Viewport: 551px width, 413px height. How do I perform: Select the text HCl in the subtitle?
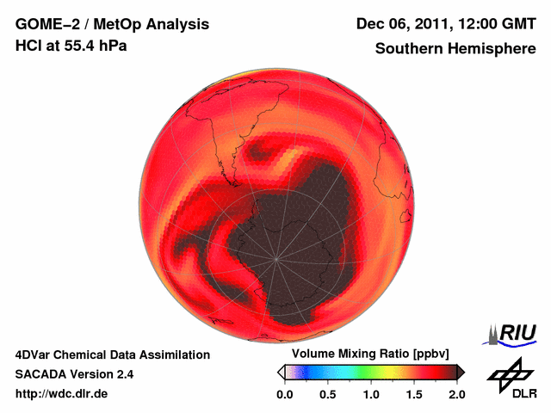[28, 46]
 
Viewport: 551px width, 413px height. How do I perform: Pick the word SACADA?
[41, 374]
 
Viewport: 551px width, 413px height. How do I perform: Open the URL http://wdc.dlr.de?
[62, 394]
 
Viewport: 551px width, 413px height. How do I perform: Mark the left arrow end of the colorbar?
[281, 372]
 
